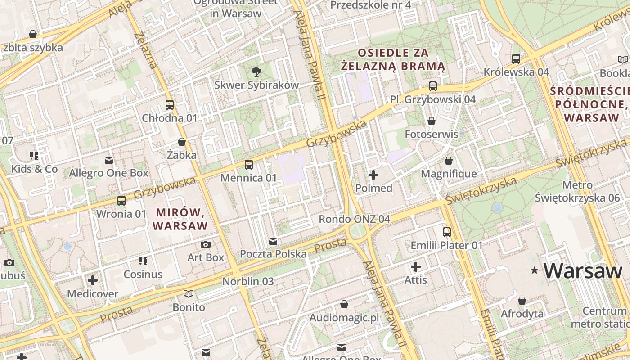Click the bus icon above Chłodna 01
pyautogui.click(x=170, y=105)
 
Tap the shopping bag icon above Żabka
pyautogui.click(x=182, y=142)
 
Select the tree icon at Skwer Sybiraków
pyautogui.click(x=256, y=71)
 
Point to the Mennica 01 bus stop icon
pyautogui.click(x=249, y=165)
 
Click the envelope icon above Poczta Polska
pyautogui.click(x=273, y=241)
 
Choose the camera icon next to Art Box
pyautogui.click(x=206, y=244)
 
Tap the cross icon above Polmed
pyautogui.click(x=373, y=175)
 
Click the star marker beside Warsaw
pyautogui.click(x=535, y=270)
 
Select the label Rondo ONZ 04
pyautogui.click(x=354, y=219)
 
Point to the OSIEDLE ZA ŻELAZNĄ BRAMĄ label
pyautogui.click(x=393, y=60)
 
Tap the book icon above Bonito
pyautogui.click(x=189, y=294)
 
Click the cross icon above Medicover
pyautogui.click(x=93, y=280)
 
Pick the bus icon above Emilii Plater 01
pyautogui.click(x=447, y=232)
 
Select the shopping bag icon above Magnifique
pyautogui.click(x=449, y=161)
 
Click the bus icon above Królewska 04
pyautogui.click(x=516, y=58)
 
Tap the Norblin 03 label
pyautogui.click(x=248, y=281)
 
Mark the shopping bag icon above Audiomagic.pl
pyautogui.click(x=344, y=305)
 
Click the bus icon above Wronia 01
pyautogui.click(x=121, y=201)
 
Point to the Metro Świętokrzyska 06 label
pyautogui.click(x=577, y=191)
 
